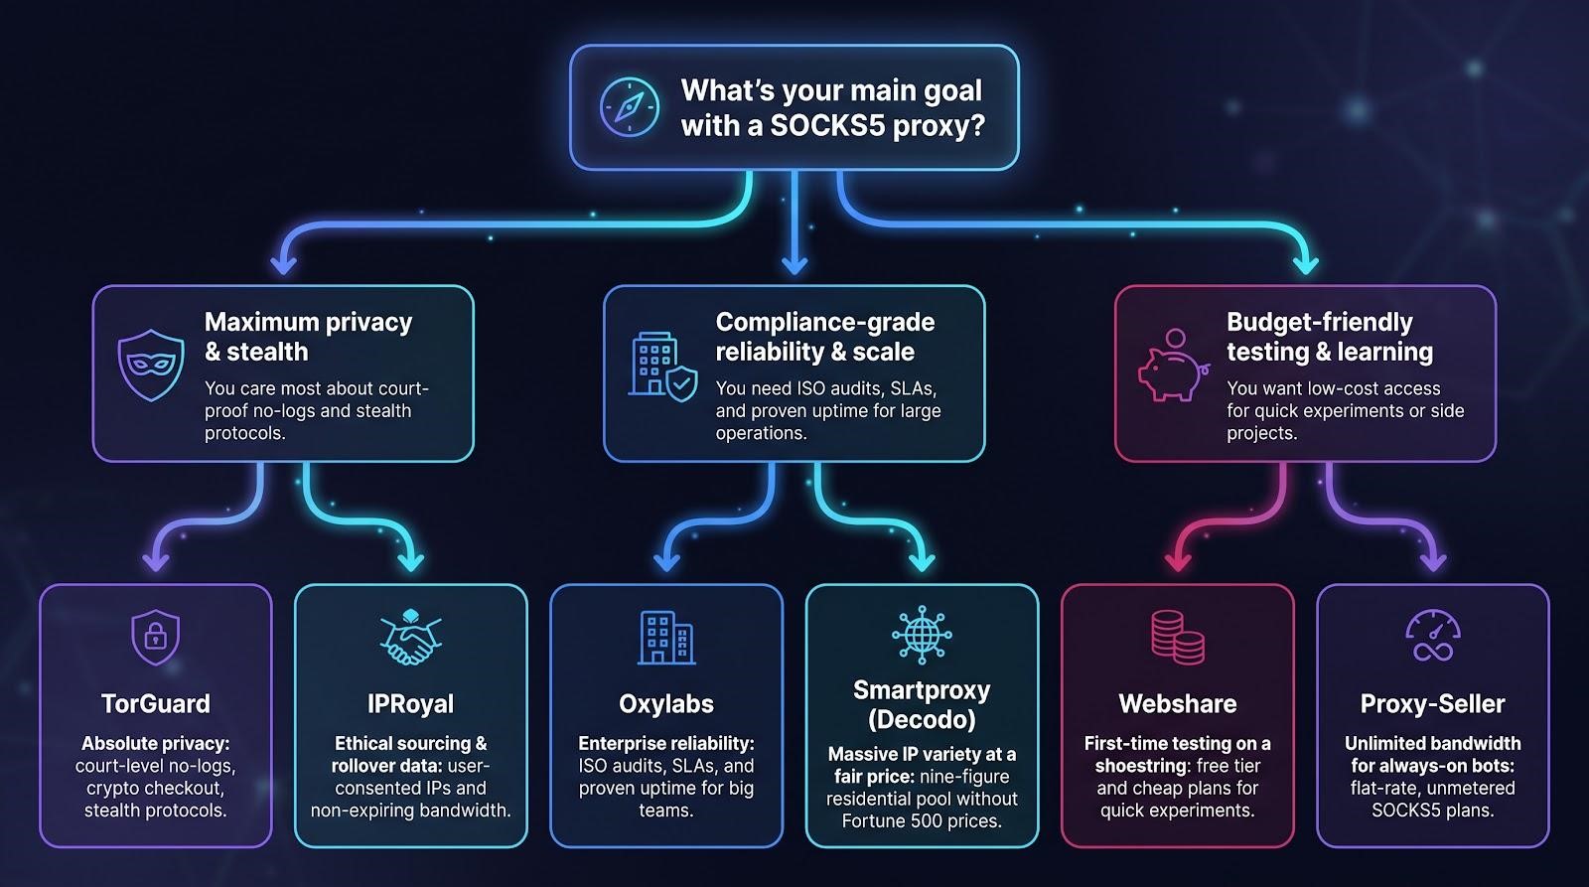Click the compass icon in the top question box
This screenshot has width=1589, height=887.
pos(630,107)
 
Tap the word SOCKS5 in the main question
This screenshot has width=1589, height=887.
pos(827,125)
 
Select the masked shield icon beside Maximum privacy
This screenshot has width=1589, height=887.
pos(150,365)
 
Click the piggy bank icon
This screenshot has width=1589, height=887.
pos(1173,366)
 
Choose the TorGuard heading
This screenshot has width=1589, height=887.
pos(155,704)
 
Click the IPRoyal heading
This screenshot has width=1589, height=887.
pos(411,704)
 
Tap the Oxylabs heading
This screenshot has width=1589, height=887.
pos(666,704)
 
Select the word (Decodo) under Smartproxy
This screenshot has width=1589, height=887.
pos(922,719)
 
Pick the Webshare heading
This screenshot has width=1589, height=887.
pos(1178,704)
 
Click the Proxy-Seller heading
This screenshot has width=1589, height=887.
pos(1433,704)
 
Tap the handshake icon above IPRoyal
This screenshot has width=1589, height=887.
pos(411,637)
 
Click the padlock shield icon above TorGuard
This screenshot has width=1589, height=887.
pos(155,638)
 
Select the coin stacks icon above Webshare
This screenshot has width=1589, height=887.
pos(1178,638)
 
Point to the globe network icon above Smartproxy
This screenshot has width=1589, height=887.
pos(922,635)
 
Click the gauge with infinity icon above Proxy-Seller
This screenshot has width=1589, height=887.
pos(1433,636)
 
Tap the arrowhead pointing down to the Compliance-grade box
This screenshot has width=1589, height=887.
pos(794,265)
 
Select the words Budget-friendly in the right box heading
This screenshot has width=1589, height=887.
pos(1320,323)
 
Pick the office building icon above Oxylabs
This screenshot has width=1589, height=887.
pos(666,638)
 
